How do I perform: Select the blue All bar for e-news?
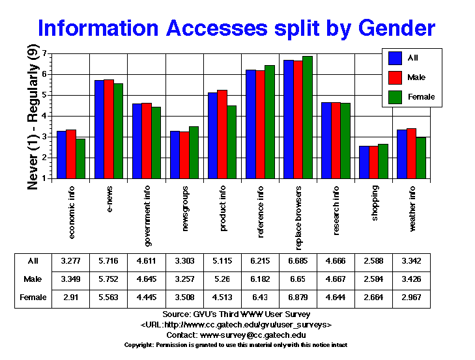[100, 129]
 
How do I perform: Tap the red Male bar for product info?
[222, 134]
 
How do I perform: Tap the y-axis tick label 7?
[45, 53]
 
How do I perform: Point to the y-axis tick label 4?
[45, 116]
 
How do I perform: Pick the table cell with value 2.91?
[71, 298]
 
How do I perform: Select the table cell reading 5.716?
[109, 260]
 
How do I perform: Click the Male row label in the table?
[33, 279]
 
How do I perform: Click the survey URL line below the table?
[237, 324]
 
